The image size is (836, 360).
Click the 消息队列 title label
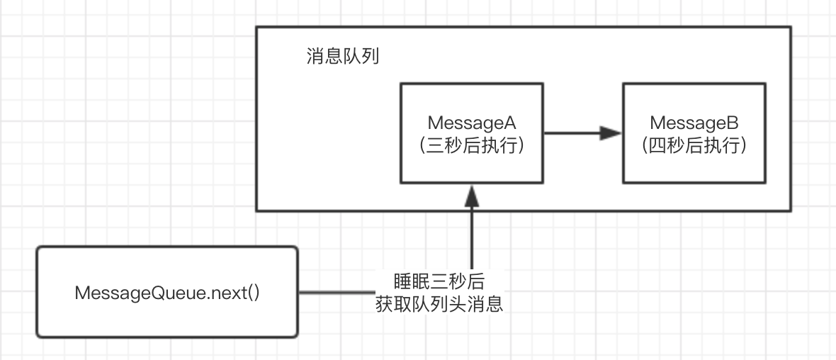343,56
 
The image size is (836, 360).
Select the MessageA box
472,170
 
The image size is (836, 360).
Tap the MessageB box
694,170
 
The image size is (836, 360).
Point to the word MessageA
472,123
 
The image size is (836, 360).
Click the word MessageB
694,123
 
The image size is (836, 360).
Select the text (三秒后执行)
472,146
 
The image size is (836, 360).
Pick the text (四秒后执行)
694,146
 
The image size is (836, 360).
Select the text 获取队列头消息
439,305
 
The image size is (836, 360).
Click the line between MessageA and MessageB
570,133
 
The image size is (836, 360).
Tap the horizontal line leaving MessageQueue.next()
333,291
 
